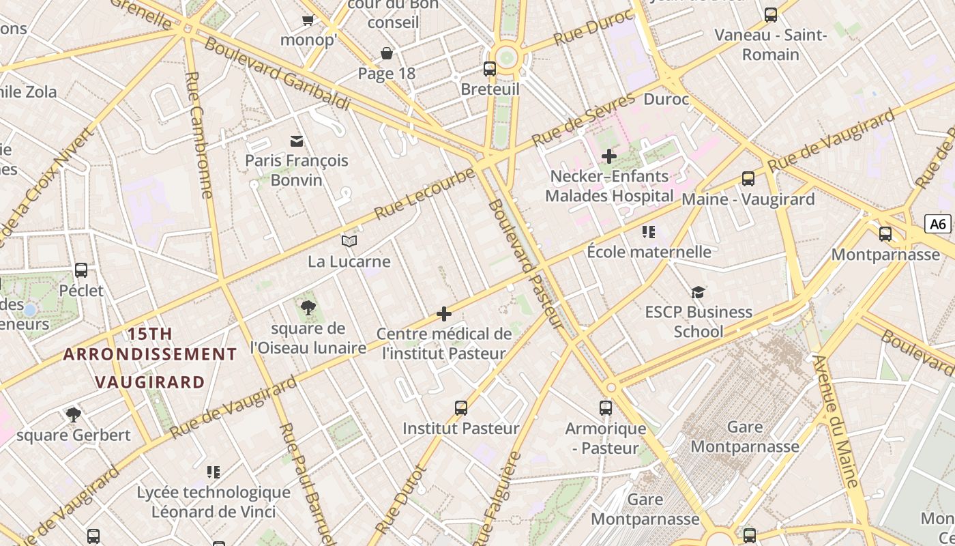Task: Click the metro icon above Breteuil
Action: pyautogui.click(x=490, y=68)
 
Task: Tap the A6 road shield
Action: pyautogui.click(x=938, y=224)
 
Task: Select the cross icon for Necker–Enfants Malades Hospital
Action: pyautogui.click(x=608, y=156)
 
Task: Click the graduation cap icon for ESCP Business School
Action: pyautogui.click(x=697, y=292)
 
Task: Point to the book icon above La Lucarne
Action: pyautogui.click(x=349, y=241)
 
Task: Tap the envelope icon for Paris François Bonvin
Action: pyautogui.click(x=297, y=141)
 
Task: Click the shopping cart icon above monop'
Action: pyautogui.click(x=308, y=20)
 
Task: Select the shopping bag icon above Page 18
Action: pyautogui.click(x=387, y=53)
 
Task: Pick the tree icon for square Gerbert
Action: pyautogui.click(x=73, y=414)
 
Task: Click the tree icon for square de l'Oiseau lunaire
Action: pyautogui.click(x=308, y=307)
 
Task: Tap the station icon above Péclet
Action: pyautogui.click(x=81, y=270)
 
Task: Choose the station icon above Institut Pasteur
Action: pyautogui.click(x=461, y=408)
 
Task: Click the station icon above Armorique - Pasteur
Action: pyautogui.click(x=606, y=408)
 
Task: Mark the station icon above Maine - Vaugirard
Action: pyautogui.click(x=748, y=179)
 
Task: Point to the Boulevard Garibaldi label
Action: pyautogui.click(x=277, y=74)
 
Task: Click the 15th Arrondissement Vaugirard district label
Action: pyautogui.click(x=150, y=358)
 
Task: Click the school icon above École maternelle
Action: pyautogui.click(x=649, y=232)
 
